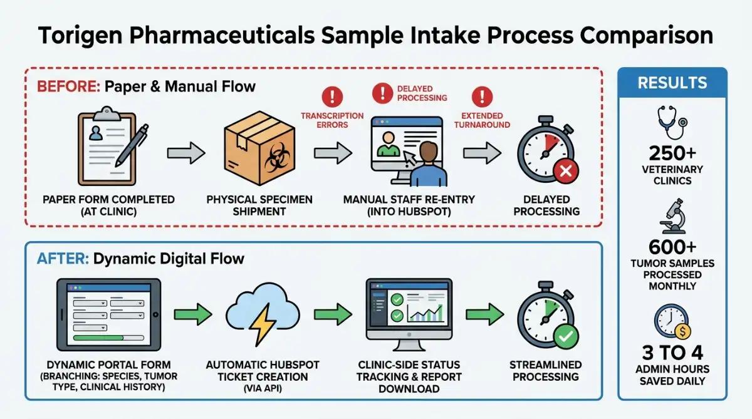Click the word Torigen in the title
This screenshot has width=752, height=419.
click(x=80, y=35)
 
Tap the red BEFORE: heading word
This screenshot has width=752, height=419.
click(x=68, y=86)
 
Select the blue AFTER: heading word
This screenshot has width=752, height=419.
click(x=63, y=259)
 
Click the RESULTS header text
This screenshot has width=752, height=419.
click(x=672, y=83)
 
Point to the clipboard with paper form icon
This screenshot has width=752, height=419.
click(x=107, y=147)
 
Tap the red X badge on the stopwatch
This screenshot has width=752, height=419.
click(x=566, y=171)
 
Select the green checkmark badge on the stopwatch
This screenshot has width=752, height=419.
click(x=566, y=336)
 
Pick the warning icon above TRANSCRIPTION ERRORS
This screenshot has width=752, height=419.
click(x=332, y=96)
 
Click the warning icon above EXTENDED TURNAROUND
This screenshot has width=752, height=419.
click(x=482, y=96)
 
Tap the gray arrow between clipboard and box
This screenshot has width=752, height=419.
click(x=186, y=153)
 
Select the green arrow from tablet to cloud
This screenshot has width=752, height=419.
click(x=193, y=314)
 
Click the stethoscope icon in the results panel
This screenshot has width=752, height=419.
click(x=672, y=122)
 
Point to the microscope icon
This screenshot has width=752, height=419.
click(x=672, y=216)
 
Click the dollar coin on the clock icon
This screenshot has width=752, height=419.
click(x=682, y=332)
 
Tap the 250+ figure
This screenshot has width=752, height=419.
click(x=672, y=153)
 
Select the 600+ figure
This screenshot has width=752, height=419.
click(x=672, y=247)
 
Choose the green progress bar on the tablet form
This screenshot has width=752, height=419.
click(x=98, y=338)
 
